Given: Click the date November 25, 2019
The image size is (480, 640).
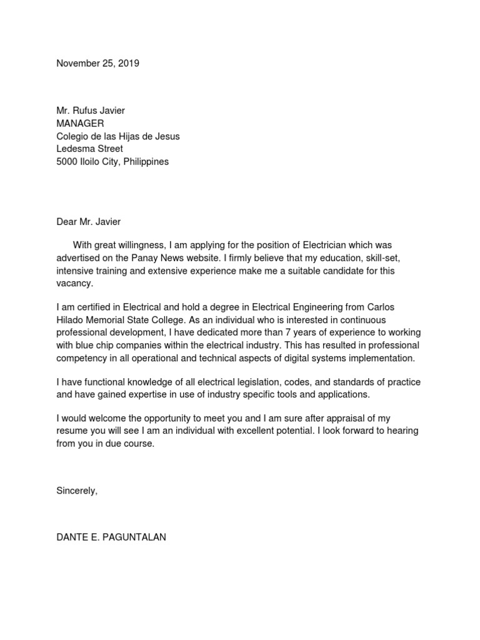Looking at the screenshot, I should point(97,63).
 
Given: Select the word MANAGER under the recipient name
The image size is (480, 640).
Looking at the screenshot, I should point(81,123).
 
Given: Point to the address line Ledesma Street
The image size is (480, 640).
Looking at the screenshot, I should point(89,149).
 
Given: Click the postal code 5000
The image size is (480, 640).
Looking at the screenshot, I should point(66,162).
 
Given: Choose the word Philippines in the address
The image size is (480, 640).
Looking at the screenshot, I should point(146,162).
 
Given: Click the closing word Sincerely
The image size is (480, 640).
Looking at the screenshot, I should point(76,491).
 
